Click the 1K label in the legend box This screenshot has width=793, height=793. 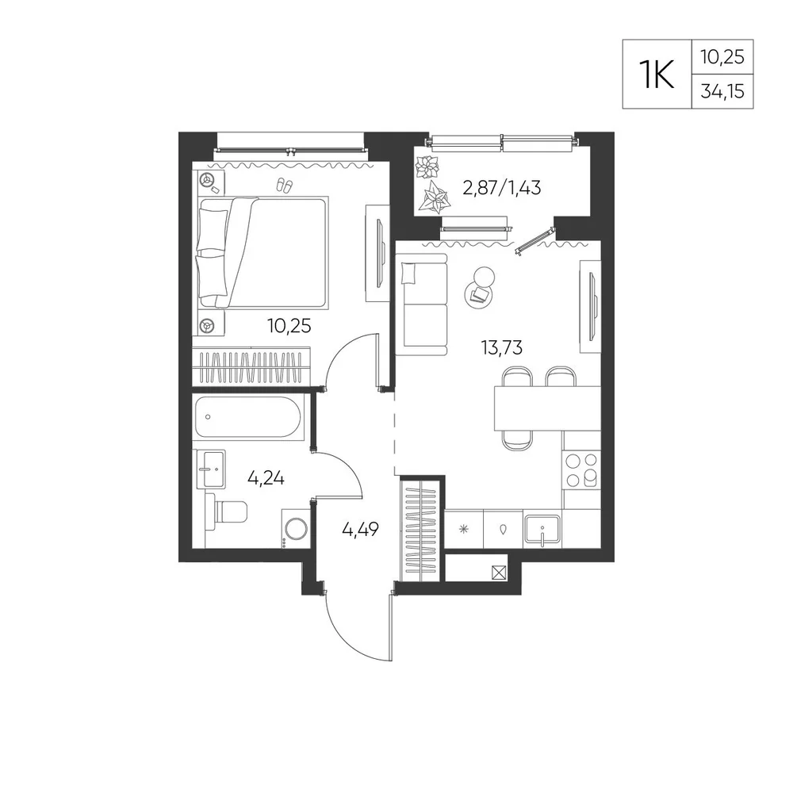coord(657,75)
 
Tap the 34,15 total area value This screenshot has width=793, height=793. coord(722,91)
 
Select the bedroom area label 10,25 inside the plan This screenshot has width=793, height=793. coord(289,326)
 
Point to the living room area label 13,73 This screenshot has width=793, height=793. coord(502,348)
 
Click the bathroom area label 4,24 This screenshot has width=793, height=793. coord(266,477)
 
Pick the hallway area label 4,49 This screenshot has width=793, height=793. coord(360,530)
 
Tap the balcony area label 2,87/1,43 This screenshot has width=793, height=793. coord(502,188)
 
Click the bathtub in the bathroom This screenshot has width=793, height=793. coord(247,417)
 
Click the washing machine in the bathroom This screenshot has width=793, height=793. coord(296,529)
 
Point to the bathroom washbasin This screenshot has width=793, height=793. coord(209,469)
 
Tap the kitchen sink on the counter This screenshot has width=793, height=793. coord(542,530)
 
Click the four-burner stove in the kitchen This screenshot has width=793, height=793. coord(581,469)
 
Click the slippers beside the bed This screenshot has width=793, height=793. coord(284,186)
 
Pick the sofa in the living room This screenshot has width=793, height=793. coord(422,305)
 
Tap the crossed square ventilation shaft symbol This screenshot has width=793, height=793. coord(499,573)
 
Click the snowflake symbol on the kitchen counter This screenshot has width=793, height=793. coord(463,530)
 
